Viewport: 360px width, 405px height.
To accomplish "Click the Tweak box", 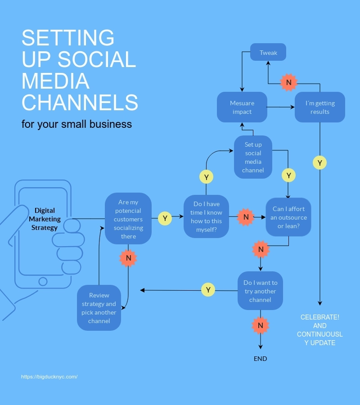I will point(268,53).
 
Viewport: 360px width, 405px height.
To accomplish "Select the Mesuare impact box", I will point(242,107).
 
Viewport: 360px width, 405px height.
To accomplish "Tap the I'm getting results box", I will point(320,107).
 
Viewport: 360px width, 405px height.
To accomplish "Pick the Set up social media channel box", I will point(253,157).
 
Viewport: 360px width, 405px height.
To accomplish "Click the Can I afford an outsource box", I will point(288,217).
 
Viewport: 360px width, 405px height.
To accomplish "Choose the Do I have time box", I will point(207,216).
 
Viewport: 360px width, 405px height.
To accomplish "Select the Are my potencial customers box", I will point(128,219).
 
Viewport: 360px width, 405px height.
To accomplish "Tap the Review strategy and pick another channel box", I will point(99,308).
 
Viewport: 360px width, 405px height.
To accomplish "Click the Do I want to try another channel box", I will point(260,291).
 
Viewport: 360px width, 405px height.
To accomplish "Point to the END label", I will point(260,359).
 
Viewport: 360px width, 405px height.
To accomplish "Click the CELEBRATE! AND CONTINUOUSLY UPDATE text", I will point(320,330).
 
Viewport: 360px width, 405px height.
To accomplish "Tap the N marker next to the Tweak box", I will point(289,82).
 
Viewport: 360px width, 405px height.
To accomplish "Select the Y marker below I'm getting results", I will point(319,163).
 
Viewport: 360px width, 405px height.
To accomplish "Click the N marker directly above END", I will point(260,325).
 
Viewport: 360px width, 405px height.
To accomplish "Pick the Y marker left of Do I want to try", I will point(208,289).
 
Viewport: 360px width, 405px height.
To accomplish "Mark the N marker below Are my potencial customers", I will point(128,258).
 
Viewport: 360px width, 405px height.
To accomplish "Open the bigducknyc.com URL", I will point(49,377).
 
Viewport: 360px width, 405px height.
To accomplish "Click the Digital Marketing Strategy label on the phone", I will point(45,219).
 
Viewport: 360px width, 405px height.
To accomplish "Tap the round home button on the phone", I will point(43,281).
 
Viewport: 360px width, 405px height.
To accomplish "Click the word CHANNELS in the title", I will point(80,102).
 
